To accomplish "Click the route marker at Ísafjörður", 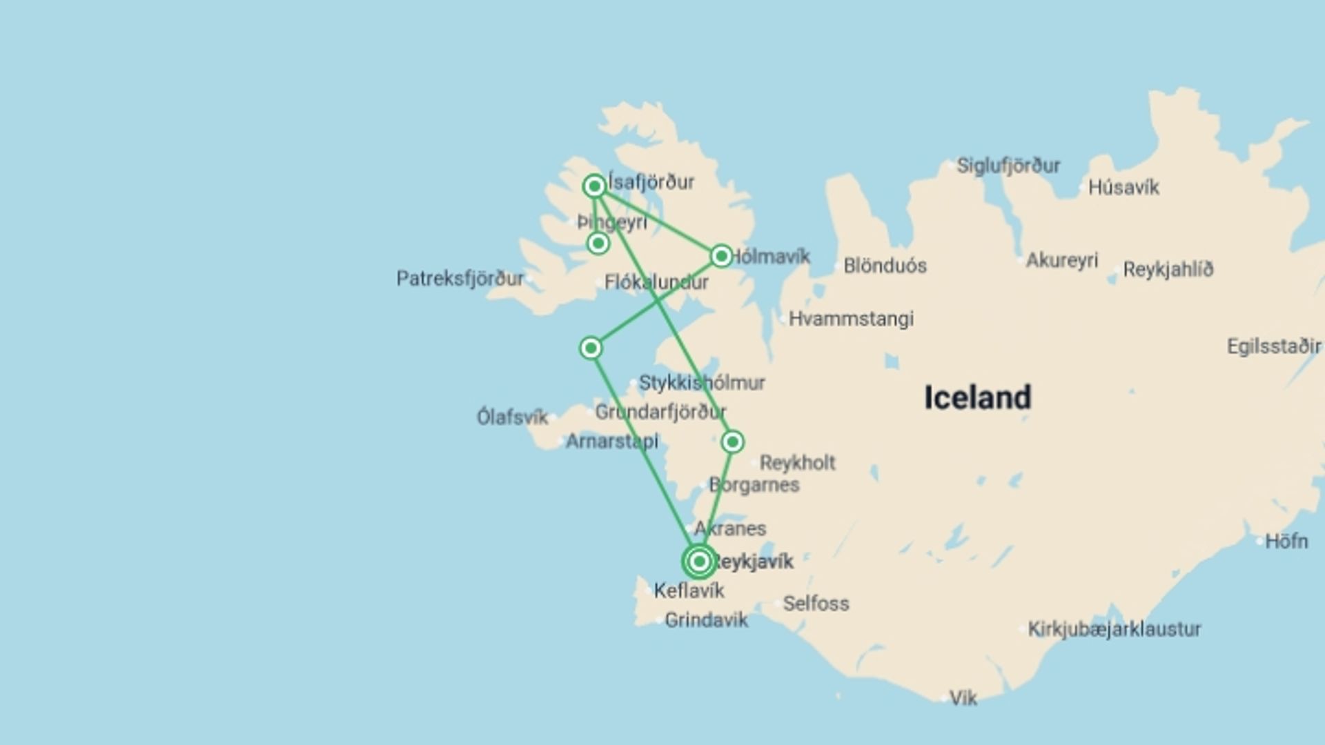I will [x=594, y=186].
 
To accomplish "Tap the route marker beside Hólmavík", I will [x=721, y=257].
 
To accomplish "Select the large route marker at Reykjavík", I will [x=699, y=562].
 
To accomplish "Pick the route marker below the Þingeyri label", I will [x=598, y=244].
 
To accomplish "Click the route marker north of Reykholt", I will [x=732, y=441].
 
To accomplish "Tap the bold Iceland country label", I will [x=977, y=398].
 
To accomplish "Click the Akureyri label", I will [x=1061, y=261].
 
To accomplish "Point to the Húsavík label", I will [x=1123, y=188].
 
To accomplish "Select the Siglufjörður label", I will [x=1008, y=166].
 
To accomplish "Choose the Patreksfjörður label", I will [x=460, y=279].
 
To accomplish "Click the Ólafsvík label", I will [x=512, y=417].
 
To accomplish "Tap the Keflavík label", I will [x=689, y=590].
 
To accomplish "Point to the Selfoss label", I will [x=816, y=604].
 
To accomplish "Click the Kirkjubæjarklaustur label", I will [x=1114, y=629].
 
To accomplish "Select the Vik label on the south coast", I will [x=963, y=698].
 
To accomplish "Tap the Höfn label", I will [x=1286, y=542].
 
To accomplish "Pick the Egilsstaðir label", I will [x=1273, y=346].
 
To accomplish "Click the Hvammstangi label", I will [x=851, y=319].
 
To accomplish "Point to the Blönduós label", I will [x=885, y=266].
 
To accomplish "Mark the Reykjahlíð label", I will [x=1168, y=270].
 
